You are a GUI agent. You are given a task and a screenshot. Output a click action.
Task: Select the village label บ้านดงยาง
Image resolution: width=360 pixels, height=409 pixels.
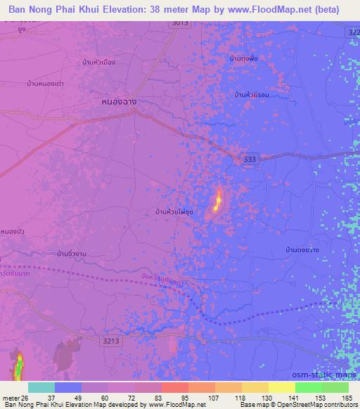click(x=303, y=249)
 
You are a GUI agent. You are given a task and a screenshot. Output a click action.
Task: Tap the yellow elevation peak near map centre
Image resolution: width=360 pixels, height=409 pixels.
click(x=218, y=202)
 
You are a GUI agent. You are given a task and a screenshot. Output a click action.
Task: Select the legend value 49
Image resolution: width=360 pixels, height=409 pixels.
click(x=79, y=398)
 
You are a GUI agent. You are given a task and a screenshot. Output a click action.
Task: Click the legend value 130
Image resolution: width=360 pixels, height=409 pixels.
click(x=264, y=398)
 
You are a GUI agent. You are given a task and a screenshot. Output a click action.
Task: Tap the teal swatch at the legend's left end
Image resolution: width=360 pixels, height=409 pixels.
click(x=41, y=387)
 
